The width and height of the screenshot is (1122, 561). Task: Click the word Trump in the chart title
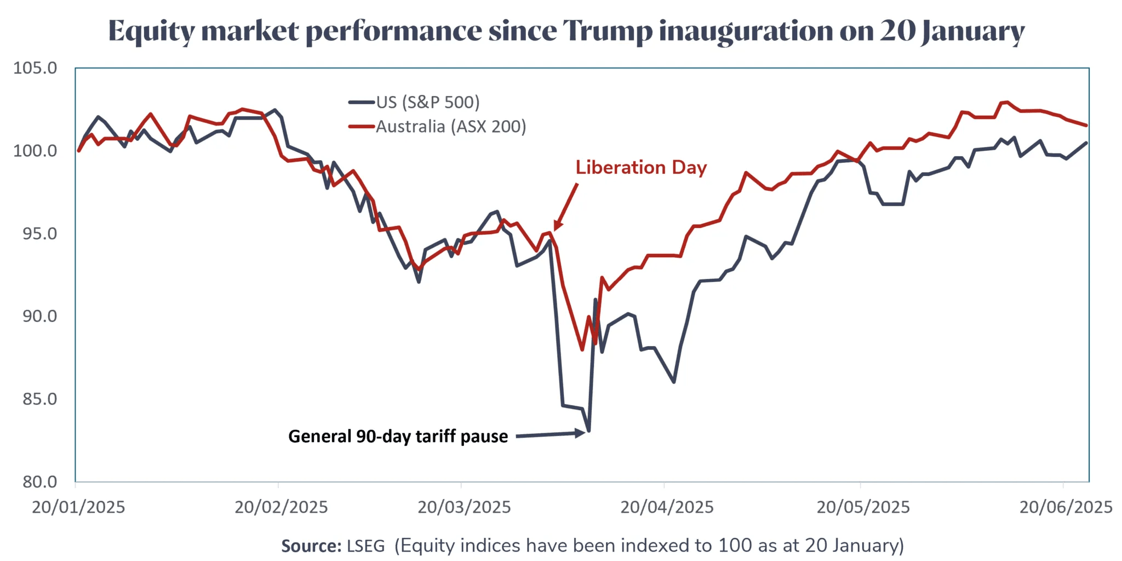[x=608, y=31]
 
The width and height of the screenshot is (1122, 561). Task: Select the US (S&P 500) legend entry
[x=427, y=102]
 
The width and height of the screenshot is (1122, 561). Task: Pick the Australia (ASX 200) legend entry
[x=450, y=127]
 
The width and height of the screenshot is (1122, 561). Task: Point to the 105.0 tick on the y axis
[x=36, y=68]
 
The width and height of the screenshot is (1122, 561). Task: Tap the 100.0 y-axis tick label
[x=36, y=151]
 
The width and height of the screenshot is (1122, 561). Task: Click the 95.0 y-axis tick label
[x=39, y=234]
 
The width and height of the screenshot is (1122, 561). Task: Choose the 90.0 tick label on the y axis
[x=39, y=316]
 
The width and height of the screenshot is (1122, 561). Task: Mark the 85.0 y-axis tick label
[x=39, y=399]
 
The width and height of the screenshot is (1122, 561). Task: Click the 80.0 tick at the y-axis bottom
[x=39, y=482]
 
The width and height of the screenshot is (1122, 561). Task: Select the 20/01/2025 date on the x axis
[x=78, y=507]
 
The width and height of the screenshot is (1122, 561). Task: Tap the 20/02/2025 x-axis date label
[x=281, y=507]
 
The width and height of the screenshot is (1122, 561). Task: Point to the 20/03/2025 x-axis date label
[x=464, y=507]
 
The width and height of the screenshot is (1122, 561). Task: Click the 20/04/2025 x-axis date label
[x=667, y=507]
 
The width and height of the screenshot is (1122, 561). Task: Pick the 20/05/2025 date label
[x=863, y=507]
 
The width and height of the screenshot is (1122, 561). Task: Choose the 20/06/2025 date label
[x=1066, y=507]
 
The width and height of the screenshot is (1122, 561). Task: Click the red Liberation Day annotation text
[x=641, y=167]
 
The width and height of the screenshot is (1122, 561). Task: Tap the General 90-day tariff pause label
[x=398, y=437]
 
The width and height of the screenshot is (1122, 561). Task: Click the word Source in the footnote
[x=311, y=546]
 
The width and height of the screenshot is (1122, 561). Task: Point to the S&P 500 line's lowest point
[x=588, y=431]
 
